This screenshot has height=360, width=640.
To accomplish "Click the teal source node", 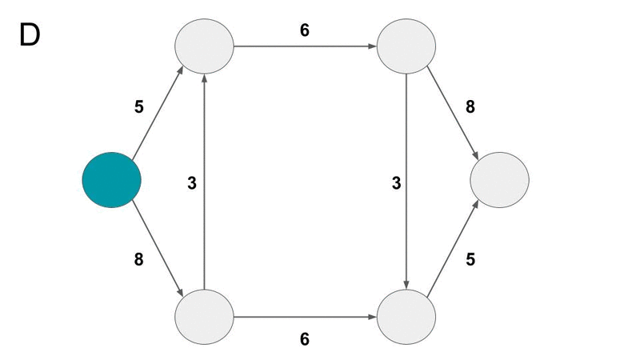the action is point(112,180).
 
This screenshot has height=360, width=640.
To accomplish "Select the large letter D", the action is point(30,34).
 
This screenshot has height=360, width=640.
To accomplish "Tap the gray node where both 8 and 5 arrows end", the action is point(499,180).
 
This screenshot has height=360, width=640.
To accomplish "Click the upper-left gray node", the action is point(204,46).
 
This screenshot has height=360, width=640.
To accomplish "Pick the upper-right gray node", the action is point(406,46).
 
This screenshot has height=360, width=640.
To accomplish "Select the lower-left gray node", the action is point(204,317).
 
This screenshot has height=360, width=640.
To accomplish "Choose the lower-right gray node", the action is point(406,317).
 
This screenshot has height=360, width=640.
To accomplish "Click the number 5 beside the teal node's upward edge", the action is point(139,107).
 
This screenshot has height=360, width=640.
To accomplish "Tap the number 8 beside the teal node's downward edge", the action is point(138,259).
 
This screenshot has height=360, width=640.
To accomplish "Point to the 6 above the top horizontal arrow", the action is point(305,30).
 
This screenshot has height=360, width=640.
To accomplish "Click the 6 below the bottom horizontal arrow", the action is point(305,339).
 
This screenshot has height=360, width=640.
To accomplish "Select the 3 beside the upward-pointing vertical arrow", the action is point(192,183).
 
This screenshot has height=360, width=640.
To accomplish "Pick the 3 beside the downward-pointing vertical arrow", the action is point(396,183).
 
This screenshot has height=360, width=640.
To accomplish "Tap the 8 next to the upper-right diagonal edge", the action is point(470,107).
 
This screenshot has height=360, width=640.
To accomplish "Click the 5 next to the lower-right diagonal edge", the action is point(470,259).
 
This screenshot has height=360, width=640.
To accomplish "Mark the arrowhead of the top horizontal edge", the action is point(372,46).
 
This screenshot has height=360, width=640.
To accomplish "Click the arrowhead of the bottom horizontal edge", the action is point(372,317).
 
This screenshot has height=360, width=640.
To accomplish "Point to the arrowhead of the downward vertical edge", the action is point(406,285).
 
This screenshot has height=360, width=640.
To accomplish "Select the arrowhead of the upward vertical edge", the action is point(204,78).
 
